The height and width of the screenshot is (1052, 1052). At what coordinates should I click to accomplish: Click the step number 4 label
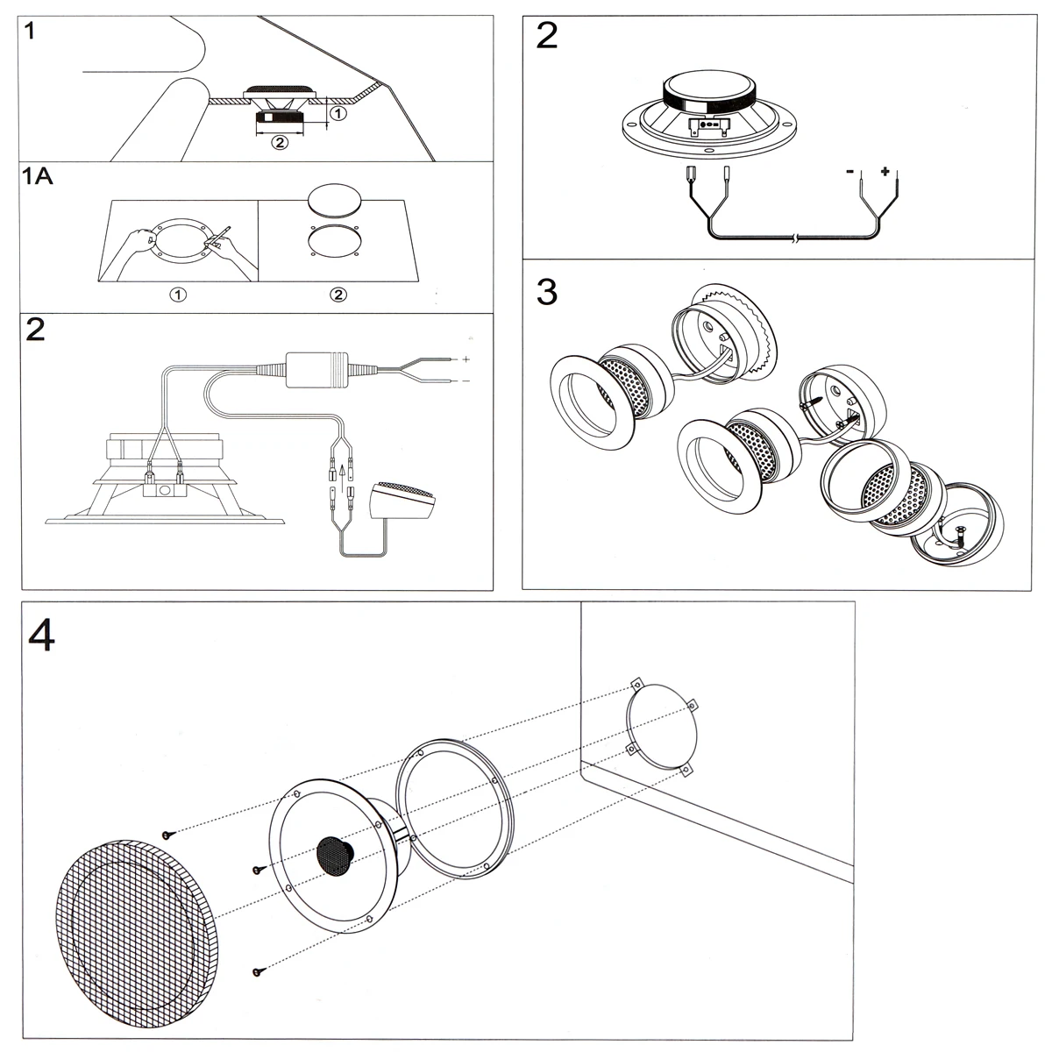[x=41, y=636]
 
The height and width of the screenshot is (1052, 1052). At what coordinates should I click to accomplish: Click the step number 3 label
[x=546, y=292]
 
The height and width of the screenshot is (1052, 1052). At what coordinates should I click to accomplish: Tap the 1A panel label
[x=38, y=178]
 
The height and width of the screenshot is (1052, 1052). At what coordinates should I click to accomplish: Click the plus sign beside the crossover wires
[x=466, y=359]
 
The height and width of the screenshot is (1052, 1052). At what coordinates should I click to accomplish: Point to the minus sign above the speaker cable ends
[x=849, y=173]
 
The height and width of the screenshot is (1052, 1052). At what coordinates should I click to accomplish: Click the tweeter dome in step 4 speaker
[x=332, y=853]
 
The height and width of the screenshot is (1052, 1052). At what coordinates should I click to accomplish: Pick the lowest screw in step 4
[x=257, y=969]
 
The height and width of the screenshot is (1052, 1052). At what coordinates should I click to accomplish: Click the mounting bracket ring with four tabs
[x=662, y=729]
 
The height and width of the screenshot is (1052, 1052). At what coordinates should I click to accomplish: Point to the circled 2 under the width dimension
[x=279, y=142]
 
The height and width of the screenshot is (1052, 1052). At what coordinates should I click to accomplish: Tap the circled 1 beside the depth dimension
[x=338, y=112]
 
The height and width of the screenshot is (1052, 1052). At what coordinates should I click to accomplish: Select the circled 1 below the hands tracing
[x=179, y=295]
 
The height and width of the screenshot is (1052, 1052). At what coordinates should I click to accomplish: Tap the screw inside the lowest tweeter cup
[x=958, y=534]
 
